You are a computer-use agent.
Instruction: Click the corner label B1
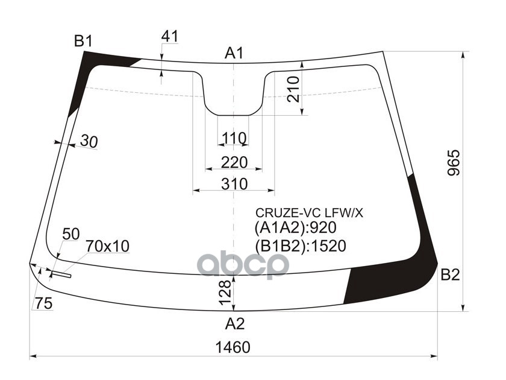point(83,42)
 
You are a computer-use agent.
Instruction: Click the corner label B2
point(450,276)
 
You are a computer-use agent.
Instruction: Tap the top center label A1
point(234,54)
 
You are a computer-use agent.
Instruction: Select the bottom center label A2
point(235,325)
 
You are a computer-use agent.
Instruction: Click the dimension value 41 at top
point(170,36)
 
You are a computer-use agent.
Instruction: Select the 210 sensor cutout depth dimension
point(293,89)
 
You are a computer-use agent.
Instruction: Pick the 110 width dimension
point(234,139)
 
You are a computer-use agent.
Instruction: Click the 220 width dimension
point(234,162)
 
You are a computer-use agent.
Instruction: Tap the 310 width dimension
point(234,184)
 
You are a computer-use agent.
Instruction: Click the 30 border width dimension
point(88,142)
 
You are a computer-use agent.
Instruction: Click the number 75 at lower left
point(43,304)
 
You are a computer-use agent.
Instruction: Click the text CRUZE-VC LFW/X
point(310,212)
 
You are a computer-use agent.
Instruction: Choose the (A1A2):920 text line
point(295,228)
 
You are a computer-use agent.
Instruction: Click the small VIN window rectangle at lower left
point(60,276)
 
